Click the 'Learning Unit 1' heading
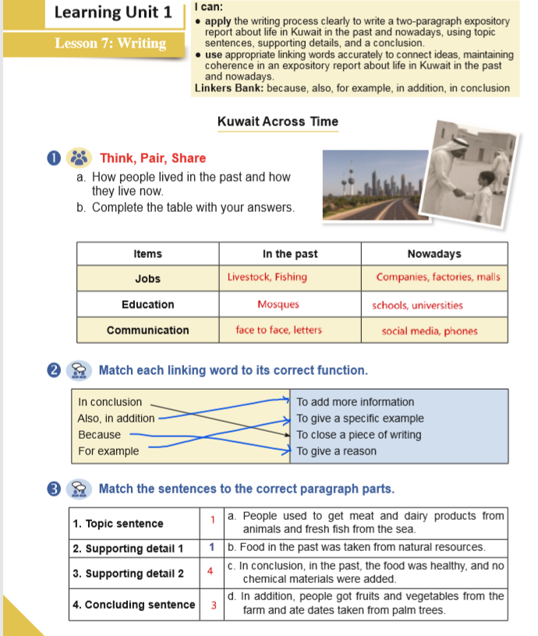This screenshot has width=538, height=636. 115,13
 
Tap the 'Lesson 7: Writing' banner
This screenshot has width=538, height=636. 110,43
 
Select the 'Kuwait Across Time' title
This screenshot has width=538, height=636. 278,122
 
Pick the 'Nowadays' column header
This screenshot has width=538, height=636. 434,254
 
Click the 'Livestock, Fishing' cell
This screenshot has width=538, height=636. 267,277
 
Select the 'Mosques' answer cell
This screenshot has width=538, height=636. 278,305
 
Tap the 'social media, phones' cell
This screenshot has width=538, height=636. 429,331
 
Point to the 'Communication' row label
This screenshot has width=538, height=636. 147,330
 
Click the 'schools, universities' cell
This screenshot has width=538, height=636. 417,306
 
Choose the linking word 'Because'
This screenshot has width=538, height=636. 100,435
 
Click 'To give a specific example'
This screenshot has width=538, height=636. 359,419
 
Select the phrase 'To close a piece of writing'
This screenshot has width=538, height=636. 359,435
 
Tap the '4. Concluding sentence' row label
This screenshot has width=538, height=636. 133,605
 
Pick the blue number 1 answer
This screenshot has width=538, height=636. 211,548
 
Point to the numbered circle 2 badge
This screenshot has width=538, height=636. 54,369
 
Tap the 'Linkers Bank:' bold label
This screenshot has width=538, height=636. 229,88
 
